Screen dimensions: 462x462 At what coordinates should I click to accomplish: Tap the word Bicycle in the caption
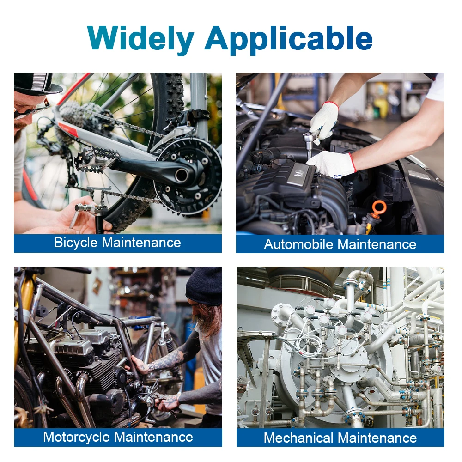pos(76,243)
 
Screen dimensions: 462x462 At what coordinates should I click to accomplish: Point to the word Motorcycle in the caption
pos(77,437)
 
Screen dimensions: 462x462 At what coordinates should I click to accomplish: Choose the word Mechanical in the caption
pos(298,438)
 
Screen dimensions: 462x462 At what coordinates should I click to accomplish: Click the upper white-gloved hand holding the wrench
pos(324,121)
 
